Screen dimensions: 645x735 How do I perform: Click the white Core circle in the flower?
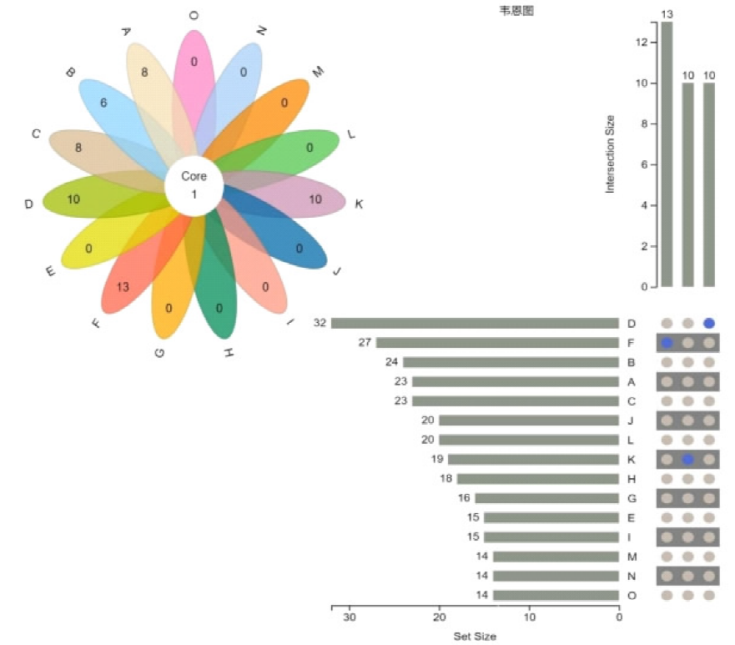coord(194,185)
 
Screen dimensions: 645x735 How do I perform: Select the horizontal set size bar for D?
coord(475,323)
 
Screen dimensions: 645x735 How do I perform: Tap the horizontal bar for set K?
coord(533,459)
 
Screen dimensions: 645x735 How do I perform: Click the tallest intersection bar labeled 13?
coord(667,154)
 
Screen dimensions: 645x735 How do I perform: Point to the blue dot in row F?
coord(667,342)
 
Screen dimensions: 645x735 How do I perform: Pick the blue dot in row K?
coord(687,459)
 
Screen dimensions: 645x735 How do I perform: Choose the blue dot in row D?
coord(708,323)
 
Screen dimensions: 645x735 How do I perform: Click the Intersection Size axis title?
coord(610,154)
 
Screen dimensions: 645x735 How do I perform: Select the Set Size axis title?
coord(475,637)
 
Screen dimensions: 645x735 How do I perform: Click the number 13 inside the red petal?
coord(123,287)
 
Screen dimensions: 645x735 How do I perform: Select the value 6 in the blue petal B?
coord(103,103)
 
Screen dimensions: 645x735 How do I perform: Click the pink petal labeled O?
coord(194,75)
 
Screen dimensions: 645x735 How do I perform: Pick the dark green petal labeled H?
coord(219,292)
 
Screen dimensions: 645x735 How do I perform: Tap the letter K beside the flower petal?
coord(359,204)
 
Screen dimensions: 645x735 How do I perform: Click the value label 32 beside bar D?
coord(320,323)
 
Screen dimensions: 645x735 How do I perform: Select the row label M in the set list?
coord(631,557)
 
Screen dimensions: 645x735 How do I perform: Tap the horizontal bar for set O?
coord(556,595)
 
